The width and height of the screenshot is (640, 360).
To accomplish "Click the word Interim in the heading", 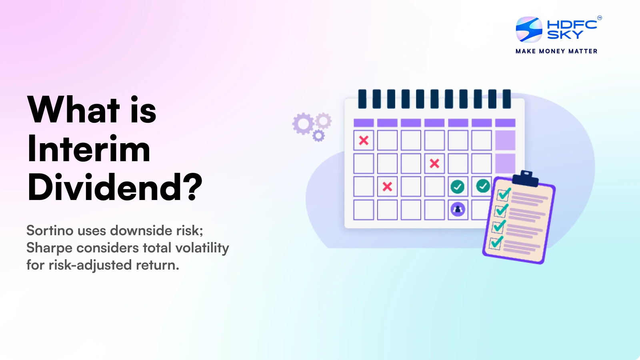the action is pos(88,148).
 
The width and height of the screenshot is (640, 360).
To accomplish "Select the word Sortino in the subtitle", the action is pos(50,230).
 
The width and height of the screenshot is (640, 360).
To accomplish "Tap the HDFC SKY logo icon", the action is pos(529,30).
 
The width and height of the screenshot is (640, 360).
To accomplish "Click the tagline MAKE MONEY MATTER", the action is pos(556,51).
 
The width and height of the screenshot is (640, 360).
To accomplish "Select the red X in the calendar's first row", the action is pos(364,140).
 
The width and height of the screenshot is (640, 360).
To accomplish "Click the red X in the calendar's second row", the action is pos(434,164).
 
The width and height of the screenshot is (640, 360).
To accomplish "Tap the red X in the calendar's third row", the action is pos(387,186).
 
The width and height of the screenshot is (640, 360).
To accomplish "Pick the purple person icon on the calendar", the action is pos(458,210).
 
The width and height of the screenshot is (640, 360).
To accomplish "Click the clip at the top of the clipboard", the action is pos(526,178).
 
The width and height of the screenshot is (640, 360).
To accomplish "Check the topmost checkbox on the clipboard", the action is pos(503,195).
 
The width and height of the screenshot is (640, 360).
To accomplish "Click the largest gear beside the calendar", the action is pos(303,124).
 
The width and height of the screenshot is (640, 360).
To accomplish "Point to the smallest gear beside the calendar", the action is pos(318,136).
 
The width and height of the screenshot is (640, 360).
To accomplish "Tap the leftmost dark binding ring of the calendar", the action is pos(362,99).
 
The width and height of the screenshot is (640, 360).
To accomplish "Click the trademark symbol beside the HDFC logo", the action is pos(600,18).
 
